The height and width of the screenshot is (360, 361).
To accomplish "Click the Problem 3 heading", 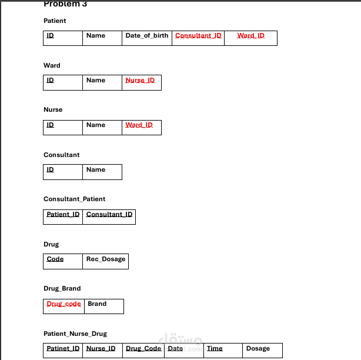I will [65, 4].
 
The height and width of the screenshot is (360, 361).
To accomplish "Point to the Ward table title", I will [52, 65].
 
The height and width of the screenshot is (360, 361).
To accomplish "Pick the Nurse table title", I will [53, 109].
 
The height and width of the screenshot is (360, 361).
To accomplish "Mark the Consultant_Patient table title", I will [74, 199].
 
